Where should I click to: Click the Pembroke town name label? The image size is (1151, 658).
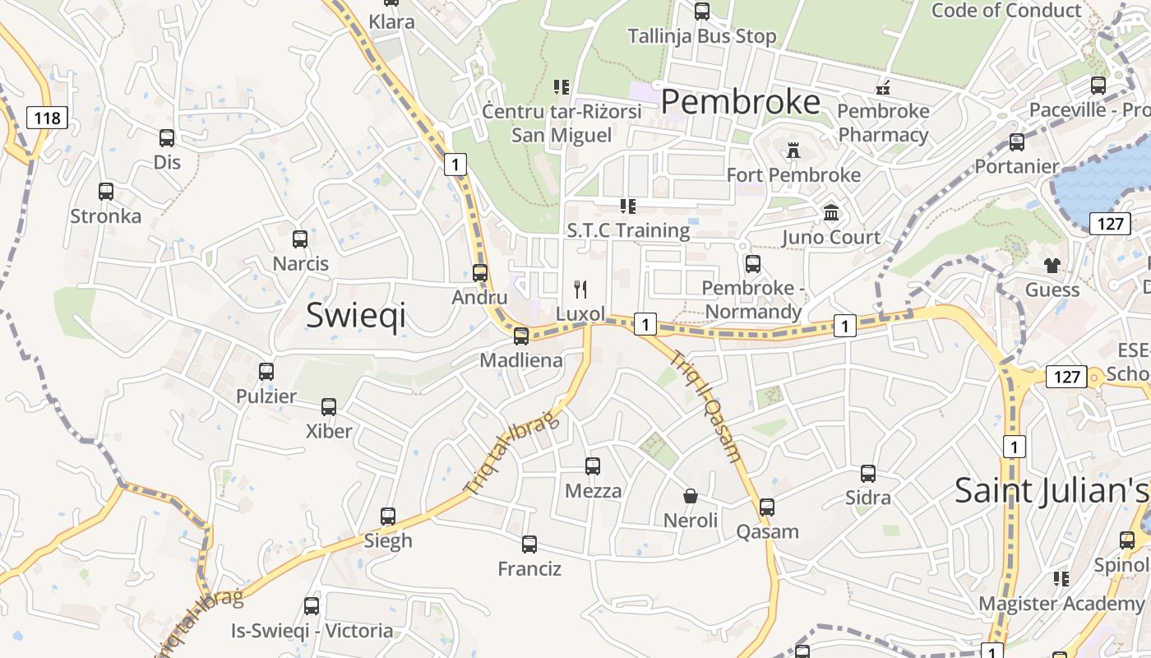coord(740,102)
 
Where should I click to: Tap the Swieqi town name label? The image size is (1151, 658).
coord(356,316)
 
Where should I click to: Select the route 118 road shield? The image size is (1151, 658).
coord(47,118)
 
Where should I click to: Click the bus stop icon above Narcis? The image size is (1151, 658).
coord(300,239)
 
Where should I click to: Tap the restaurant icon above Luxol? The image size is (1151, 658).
coord(580,289)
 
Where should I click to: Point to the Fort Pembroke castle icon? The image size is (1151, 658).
coord(793,151)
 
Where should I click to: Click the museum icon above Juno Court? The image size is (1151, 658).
coord(831,213)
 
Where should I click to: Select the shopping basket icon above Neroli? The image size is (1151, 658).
coord(691,496)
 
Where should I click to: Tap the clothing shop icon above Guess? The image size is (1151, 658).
coord(1052,265)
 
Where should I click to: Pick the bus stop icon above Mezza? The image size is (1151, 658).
coord(593,466)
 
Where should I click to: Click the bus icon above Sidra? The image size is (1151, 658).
coord(868,474)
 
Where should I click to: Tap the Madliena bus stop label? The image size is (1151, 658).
coord(521,360)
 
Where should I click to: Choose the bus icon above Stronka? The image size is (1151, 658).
coord(106,192)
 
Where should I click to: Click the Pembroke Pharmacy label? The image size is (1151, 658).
coord(883,123)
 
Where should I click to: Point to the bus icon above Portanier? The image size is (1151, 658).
coord(1017,142)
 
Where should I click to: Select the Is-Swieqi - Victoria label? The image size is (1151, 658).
coord(312,631)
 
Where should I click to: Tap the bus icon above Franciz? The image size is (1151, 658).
coord(529,544)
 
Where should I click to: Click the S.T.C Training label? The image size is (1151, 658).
coord(628,230)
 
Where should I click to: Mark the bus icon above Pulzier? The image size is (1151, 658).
coord(266,372)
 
